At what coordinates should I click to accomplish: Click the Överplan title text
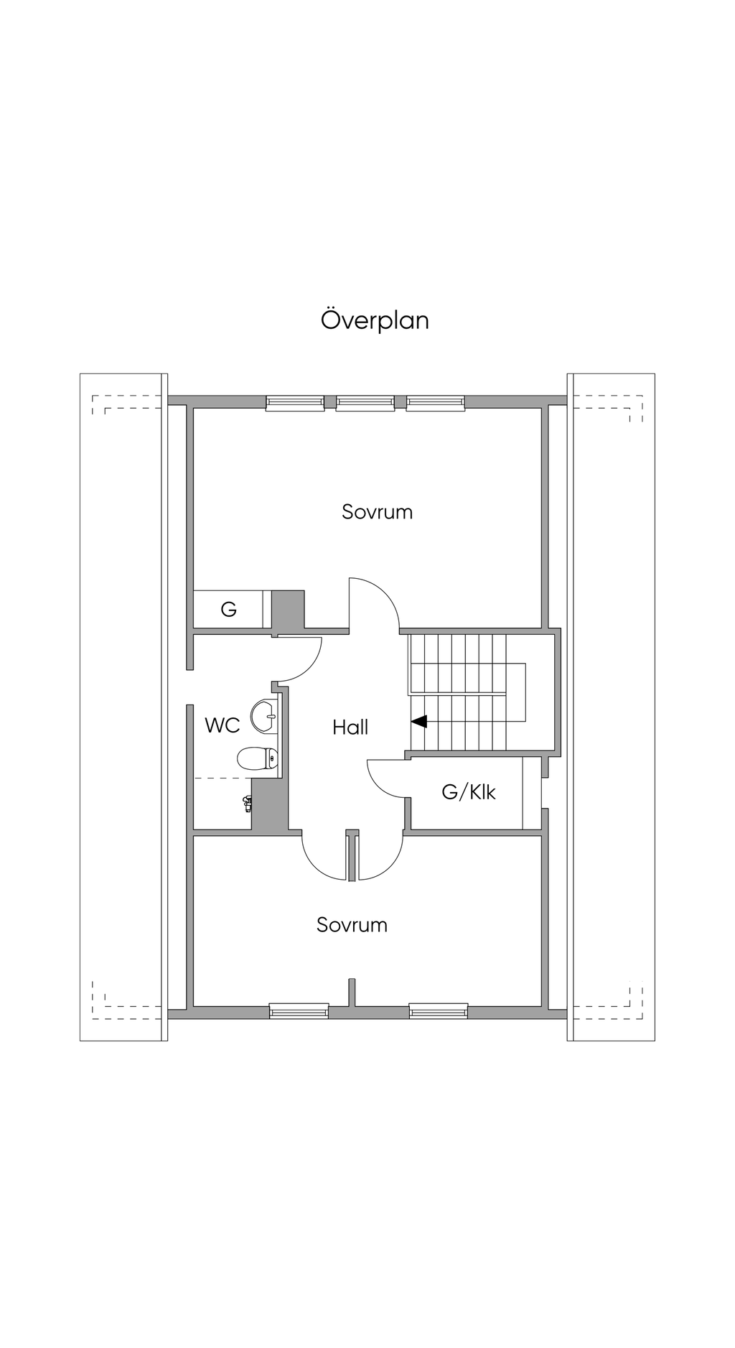[x=375, y=320]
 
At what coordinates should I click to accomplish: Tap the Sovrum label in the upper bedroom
[x=377, y=512]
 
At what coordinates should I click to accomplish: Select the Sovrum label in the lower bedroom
[x=352, y=924]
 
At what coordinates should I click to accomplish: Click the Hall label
[x=350, y=728]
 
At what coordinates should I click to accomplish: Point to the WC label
[x=222, y=725]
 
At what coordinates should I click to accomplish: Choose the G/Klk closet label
[x=469, y=792]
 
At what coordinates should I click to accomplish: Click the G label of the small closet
[x=228, y=610]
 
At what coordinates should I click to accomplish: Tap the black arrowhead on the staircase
[x=418, y=721]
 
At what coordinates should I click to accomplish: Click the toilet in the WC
[x=258, y=758]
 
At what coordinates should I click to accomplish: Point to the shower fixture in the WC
[x=248, y=804]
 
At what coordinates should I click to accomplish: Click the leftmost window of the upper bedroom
[x=295, y=403]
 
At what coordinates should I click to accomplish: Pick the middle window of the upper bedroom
[x=365, y=403]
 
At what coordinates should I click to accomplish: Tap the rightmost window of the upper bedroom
[x=436, y=403]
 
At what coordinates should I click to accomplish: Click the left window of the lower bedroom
[x=299, y=1010]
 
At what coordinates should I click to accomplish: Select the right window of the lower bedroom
[x=439, y=1010]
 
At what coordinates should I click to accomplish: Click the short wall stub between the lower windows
[x=352, y=992]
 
